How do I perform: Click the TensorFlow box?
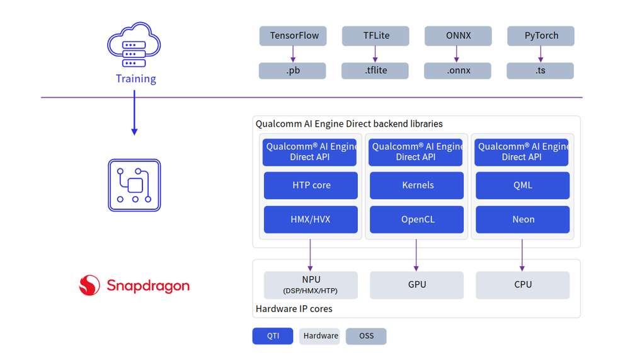point(293,36)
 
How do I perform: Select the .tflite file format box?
point(375,71)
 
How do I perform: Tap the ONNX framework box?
point(458,36)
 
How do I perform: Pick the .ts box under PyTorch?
point(540,71)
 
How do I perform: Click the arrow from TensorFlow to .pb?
point(293,54)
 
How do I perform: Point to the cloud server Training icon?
point(134,45)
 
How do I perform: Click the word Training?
point(136,79)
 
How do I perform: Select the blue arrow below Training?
point(134,113)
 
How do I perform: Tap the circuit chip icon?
point(134,185)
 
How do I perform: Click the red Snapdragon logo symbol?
point(89,285)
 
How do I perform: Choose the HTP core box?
point(311,185)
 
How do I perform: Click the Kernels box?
point(416,185)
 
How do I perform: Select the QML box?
point(523,185)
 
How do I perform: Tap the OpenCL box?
point(416,219)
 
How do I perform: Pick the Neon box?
point(523,219)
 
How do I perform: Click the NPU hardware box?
point(311,285)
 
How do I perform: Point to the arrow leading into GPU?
point(416,255)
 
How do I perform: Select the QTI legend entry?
point(273,336)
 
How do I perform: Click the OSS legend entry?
point(366,336)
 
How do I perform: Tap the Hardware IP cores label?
point(294,309)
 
